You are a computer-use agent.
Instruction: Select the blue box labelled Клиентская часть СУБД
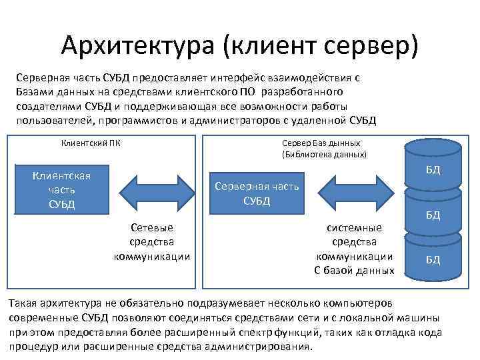(62, 189)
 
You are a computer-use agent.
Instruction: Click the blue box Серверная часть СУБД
(257, 193)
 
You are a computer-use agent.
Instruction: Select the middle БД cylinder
(433, 215)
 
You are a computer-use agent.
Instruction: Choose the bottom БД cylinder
(433, 259)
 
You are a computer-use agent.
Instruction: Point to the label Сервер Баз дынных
(321, 143)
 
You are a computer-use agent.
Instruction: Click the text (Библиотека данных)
(324, 155)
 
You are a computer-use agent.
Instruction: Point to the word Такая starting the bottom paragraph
(23, 303)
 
